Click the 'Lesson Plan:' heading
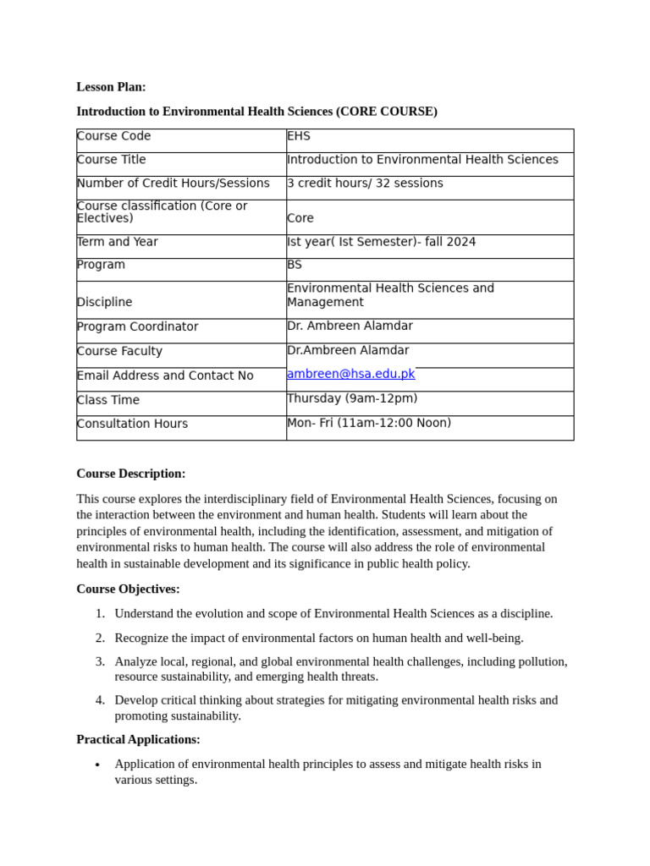(111, 87)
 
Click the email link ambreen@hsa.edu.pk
(350, 374)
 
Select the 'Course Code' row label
(113, 136)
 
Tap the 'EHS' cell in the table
(299, 136)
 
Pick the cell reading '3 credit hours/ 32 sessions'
(365, 184)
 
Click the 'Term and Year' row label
(118, 242)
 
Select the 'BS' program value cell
(295, 265)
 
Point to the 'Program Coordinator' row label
(137, 326)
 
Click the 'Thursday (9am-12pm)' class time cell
(352, 398)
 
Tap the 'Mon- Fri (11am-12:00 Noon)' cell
(369, 423)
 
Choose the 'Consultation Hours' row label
(132, 424)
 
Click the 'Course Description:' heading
(130, 474)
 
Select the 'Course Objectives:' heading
(128, 589)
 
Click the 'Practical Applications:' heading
(138, 739)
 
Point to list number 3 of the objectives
(100, 661)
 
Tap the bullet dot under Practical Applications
(98, 765)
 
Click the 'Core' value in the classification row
(300, 218)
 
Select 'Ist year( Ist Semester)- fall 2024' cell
(381, 242)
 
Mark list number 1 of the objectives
(100, 613)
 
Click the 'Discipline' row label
(104, 302)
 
